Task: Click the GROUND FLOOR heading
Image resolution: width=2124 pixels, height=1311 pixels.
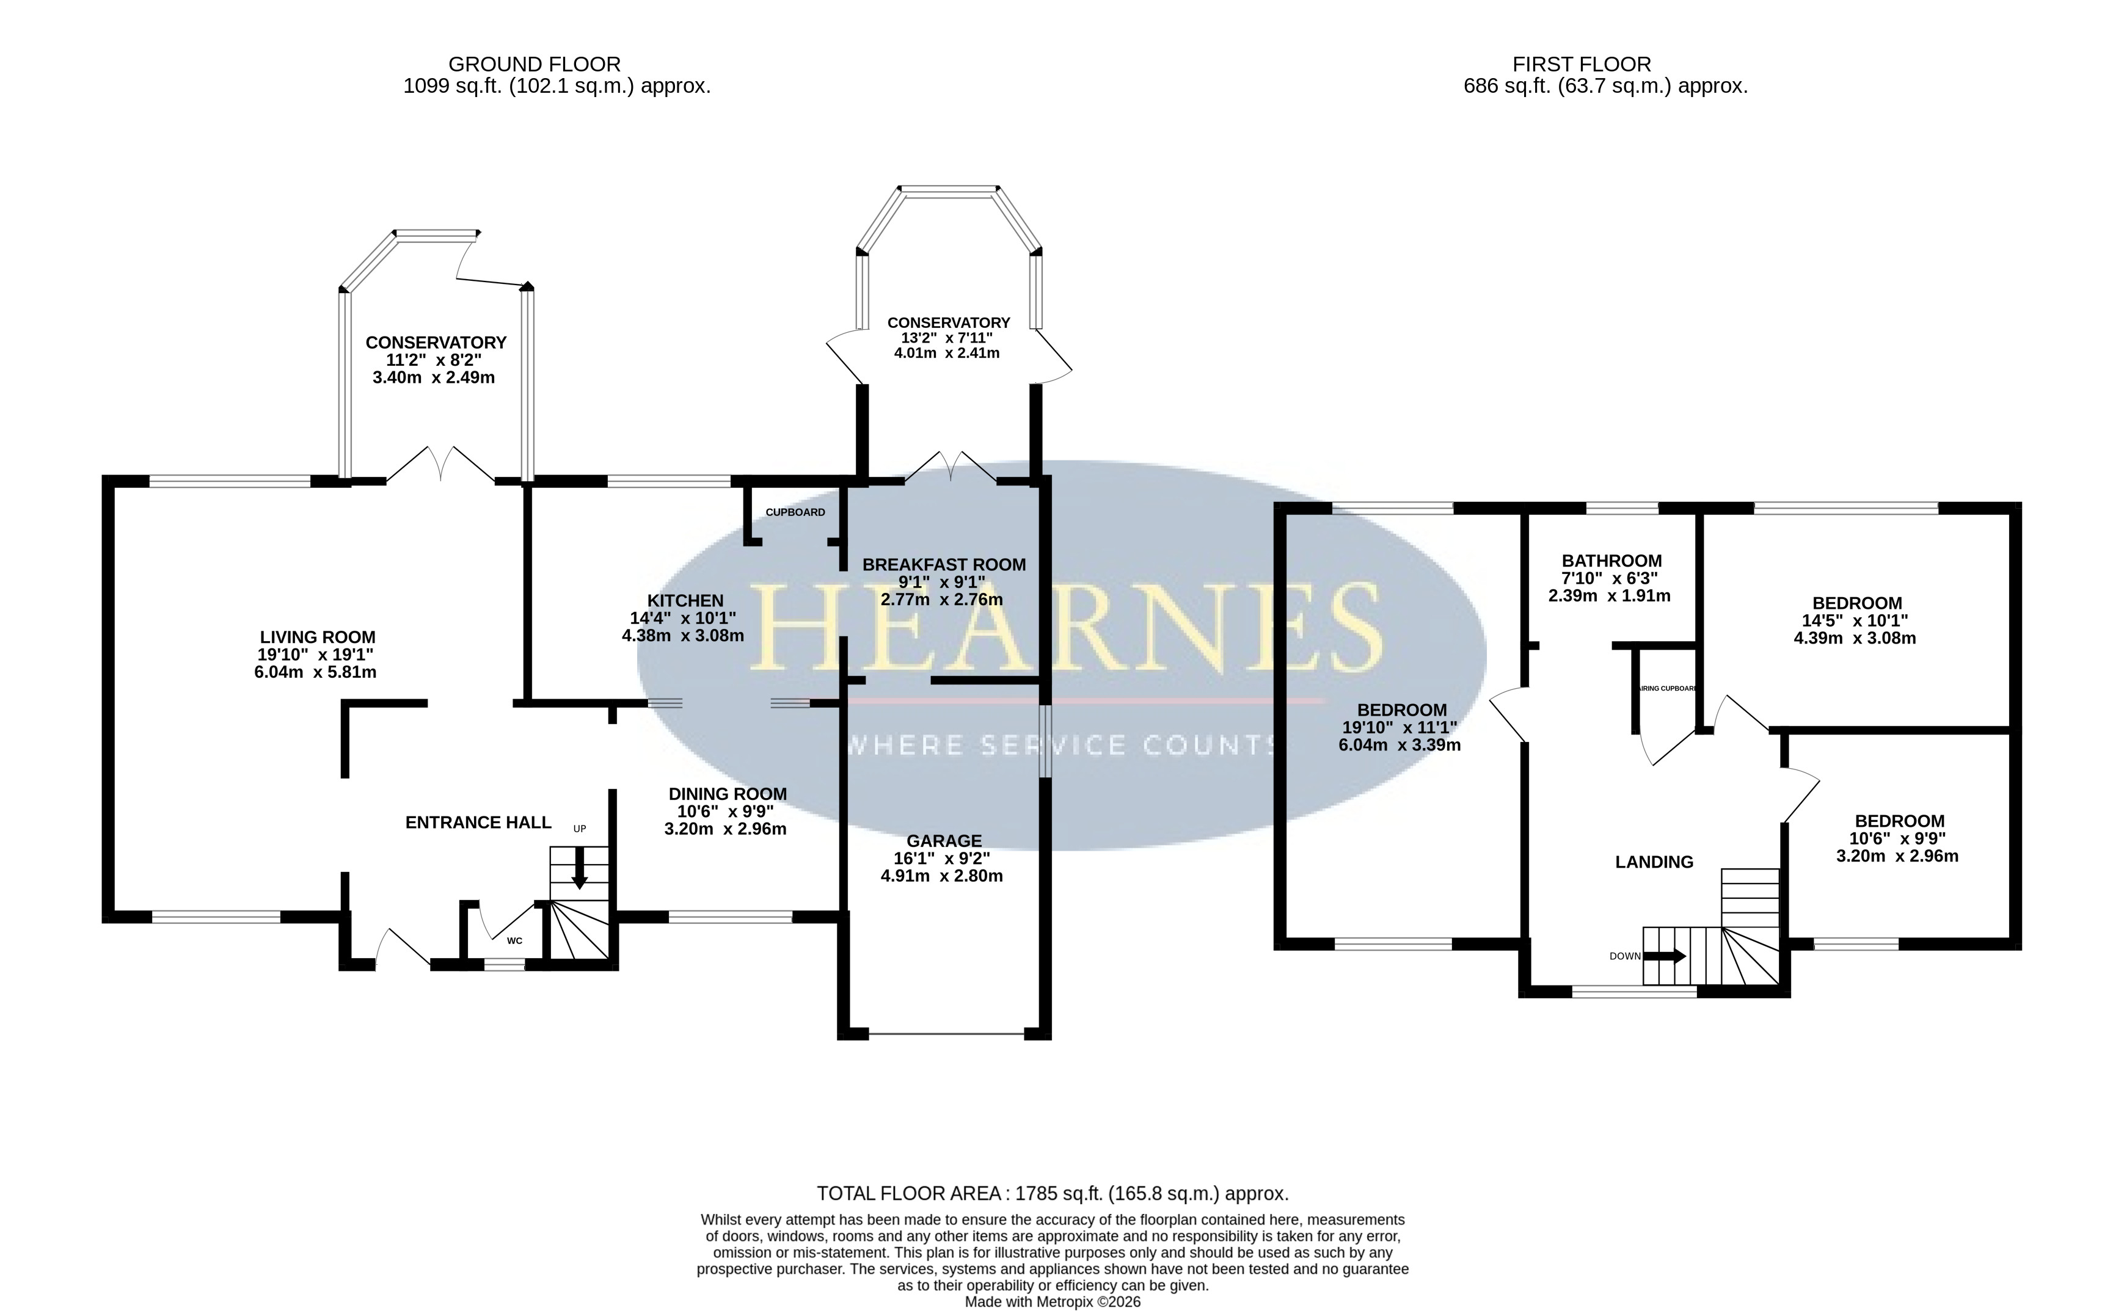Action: click(x=535, y=64)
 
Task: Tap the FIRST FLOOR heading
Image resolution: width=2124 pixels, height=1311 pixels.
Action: click(x=1582, y=64)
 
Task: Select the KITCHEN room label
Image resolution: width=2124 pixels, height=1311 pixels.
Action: click(x=685, y=601)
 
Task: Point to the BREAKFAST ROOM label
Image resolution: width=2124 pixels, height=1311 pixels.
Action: click(x=944, y=564)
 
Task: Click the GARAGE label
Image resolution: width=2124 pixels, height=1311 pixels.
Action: click(x=944, y=841)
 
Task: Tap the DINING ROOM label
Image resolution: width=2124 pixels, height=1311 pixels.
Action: click(x=728, y=794)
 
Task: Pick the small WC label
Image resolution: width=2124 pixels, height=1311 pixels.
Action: click(x=514, y=941)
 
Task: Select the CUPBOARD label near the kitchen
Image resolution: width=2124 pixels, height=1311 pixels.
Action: click(x=795, y=512)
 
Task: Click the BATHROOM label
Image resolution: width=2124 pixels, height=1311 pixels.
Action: click(x=1611, y=561)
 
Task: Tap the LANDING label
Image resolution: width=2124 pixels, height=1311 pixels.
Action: click(x=1654, y=862)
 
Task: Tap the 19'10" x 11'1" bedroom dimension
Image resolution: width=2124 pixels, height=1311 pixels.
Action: click(x=1400, y=727)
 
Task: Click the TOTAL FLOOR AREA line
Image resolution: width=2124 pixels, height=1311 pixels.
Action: click(x=1053, y=1194)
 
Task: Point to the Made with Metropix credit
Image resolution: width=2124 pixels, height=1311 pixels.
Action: click(x=1053, y=1301)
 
